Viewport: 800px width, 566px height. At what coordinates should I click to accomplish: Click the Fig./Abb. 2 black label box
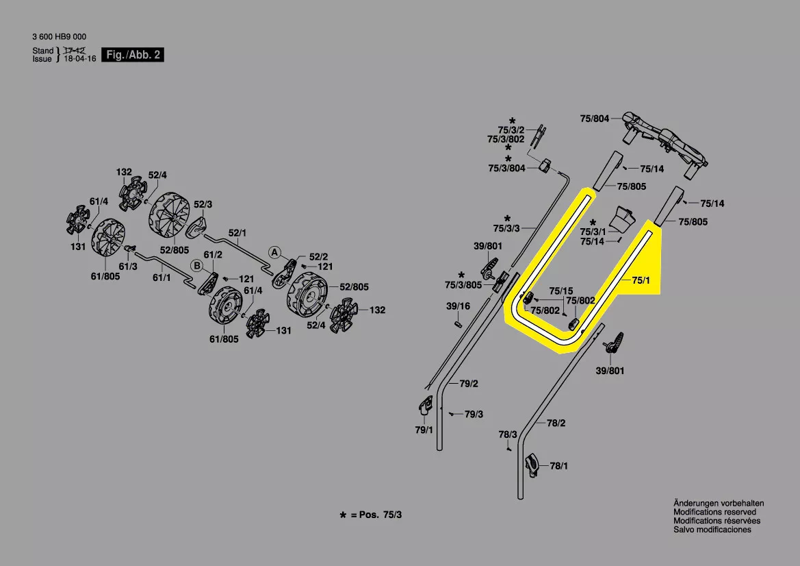[133, 55]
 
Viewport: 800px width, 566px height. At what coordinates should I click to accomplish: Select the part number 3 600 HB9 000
[59, 37]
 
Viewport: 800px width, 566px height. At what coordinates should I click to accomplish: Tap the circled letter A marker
[274, 251]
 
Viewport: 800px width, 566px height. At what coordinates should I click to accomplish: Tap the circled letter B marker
[196, 266]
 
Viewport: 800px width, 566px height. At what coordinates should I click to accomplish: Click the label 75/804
[594, 119]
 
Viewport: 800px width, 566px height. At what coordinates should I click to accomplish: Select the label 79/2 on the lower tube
[468, 384]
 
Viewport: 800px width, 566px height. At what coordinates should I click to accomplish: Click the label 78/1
[559, 466]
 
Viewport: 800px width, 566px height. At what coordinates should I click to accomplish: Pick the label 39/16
[458, 306]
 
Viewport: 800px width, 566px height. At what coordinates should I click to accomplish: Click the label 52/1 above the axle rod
[237, 233]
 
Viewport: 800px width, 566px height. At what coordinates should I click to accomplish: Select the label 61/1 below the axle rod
[162, 278]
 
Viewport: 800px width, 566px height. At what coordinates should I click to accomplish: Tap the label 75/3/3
[506, 227]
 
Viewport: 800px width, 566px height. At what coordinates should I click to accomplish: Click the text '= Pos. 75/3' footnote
[376, 515]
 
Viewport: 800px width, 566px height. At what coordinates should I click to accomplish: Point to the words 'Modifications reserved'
[714, 512]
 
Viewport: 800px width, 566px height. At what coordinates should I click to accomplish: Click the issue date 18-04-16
[80, 59]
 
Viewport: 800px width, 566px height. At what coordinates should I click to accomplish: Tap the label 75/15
[560, 291]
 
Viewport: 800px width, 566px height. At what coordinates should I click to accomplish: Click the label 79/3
[474, 415]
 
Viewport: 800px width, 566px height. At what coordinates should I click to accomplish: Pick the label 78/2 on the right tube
[556, 423]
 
